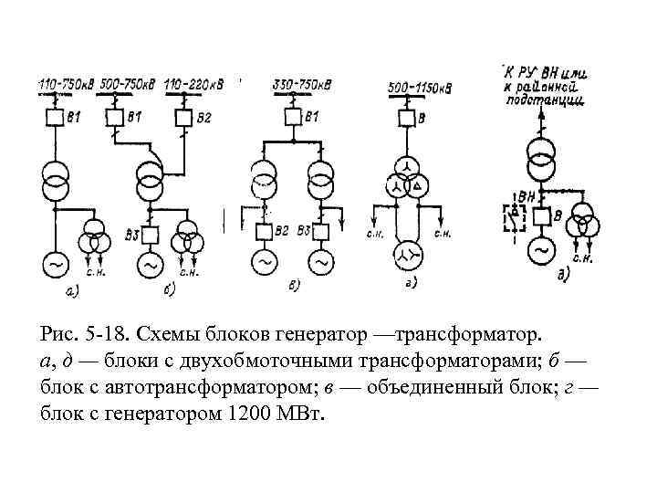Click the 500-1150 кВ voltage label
421,88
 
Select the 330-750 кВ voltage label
300,86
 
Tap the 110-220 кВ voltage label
195,85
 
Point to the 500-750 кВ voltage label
130,85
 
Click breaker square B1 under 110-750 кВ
55,118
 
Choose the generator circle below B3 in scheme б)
148,264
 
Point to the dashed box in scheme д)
516,219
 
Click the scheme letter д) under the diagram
563,274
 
